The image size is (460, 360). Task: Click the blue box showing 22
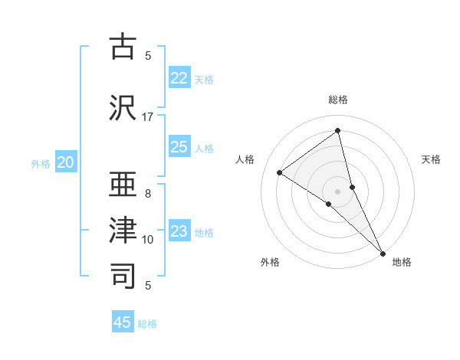click(x=179, y=78)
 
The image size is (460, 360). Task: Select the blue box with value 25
click(x=179, y=147)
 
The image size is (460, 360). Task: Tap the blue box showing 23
click(x=179, y=231)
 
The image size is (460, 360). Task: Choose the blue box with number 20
click(x=66, y=162)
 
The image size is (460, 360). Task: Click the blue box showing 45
click(x=123, y=322)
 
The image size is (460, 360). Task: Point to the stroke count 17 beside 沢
click(x=148, y=116)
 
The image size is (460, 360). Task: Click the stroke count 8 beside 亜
click(x=148, y=193)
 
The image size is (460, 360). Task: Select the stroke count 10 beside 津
click(x=148, y=240)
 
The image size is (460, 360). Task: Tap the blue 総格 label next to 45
click(x=147, y=324)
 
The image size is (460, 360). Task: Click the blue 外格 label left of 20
click(x=41, y=163)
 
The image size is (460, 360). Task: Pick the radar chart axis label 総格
click(x=338, y=100)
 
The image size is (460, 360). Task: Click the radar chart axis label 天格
click(x=432, y=159)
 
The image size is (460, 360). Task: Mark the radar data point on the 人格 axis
click(x=280, y=172)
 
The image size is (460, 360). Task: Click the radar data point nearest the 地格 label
click(x=383, y=252)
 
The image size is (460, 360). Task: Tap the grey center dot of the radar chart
click(x=338, y=191)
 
